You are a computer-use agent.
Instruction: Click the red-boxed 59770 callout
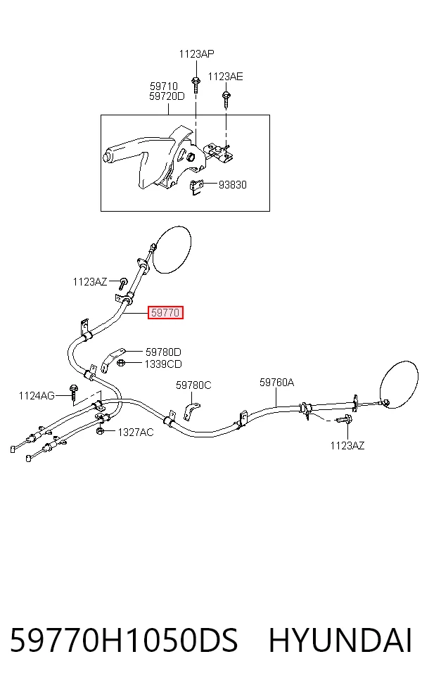(x=165, y=312)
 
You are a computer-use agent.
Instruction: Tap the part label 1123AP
(x=196, y=54)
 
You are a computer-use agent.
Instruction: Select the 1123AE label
(x=225, y=77)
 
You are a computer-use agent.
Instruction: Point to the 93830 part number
(x=233, y=184)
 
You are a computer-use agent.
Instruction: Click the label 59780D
(x=163, y=352)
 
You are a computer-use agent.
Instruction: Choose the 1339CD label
(x=163, y=364)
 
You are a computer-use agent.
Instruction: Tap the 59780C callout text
(x=193, y=385)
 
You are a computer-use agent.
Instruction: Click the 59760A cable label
(x=277, y=382)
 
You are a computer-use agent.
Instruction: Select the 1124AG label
(x=37, y=395)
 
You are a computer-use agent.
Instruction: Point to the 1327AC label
(x=136, y=432)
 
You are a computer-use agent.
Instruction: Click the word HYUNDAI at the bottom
(x=340, y=641)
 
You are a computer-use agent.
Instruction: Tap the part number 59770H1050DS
(x=124, y=641)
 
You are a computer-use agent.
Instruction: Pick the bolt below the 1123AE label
(x=226, y=98)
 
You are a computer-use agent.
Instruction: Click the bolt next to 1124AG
(x=73, y=392)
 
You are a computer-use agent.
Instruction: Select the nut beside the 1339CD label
(x=122, y=363)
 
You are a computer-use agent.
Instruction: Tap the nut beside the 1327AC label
(x=100, y=431)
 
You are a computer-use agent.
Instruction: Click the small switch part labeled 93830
(x=196, y=187)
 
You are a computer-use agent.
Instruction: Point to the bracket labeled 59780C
(x=191, y=411)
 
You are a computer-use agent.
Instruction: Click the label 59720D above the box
(x=167, y=96)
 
